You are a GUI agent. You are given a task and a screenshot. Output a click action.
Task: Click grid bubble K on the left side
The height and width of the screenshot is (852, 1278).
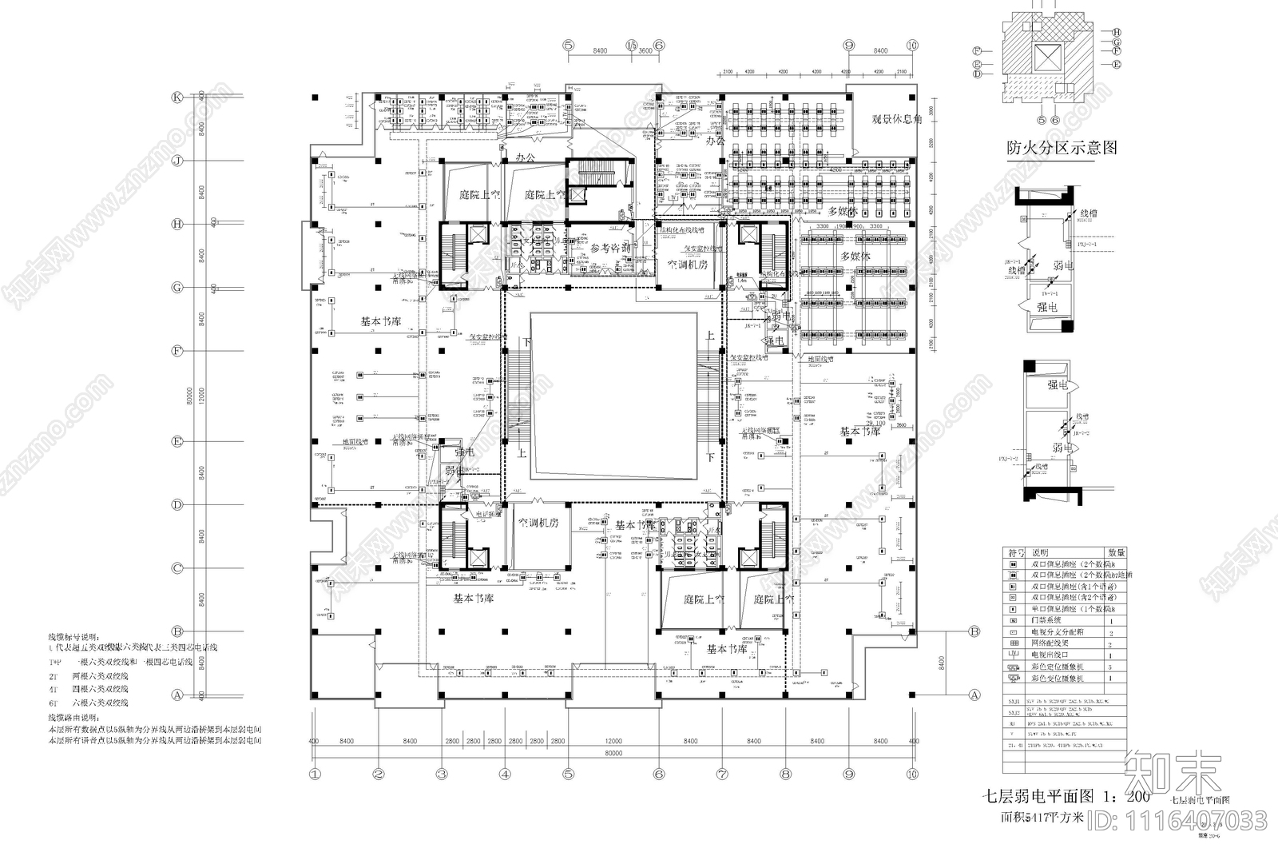point(178,98)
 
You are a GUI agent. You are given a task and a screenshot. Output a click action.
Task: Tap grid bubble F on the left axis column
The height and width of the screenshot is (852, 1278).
point(178,351)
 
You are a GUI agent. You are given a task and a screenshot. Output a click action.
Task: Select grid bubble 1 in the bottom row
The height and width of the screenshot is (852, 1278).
point(315,774)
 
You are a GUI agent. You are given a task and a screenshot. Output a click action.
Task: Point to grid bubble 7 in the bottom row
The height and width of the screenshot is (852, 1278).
point(722,774)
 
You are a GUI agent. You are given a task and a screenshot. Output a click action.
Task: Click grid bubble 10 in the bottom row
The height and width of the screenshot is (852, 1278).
point(912,774)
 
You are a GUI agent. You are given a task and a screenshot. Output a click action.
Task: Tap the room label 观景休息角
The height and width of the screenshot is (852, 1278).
point(895,119)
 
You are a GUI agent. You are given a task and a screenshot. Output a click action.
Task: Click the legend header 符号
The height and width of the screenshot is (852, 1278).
point(1017,552)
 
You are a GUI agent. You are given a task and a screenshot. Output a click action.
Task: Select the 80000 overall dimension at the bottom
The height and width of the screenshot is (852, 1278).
point(613,752)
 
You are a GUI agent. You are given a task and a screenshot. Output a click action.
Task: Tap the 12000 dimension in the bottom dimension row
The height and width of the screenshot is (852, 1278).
point(613,741)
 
